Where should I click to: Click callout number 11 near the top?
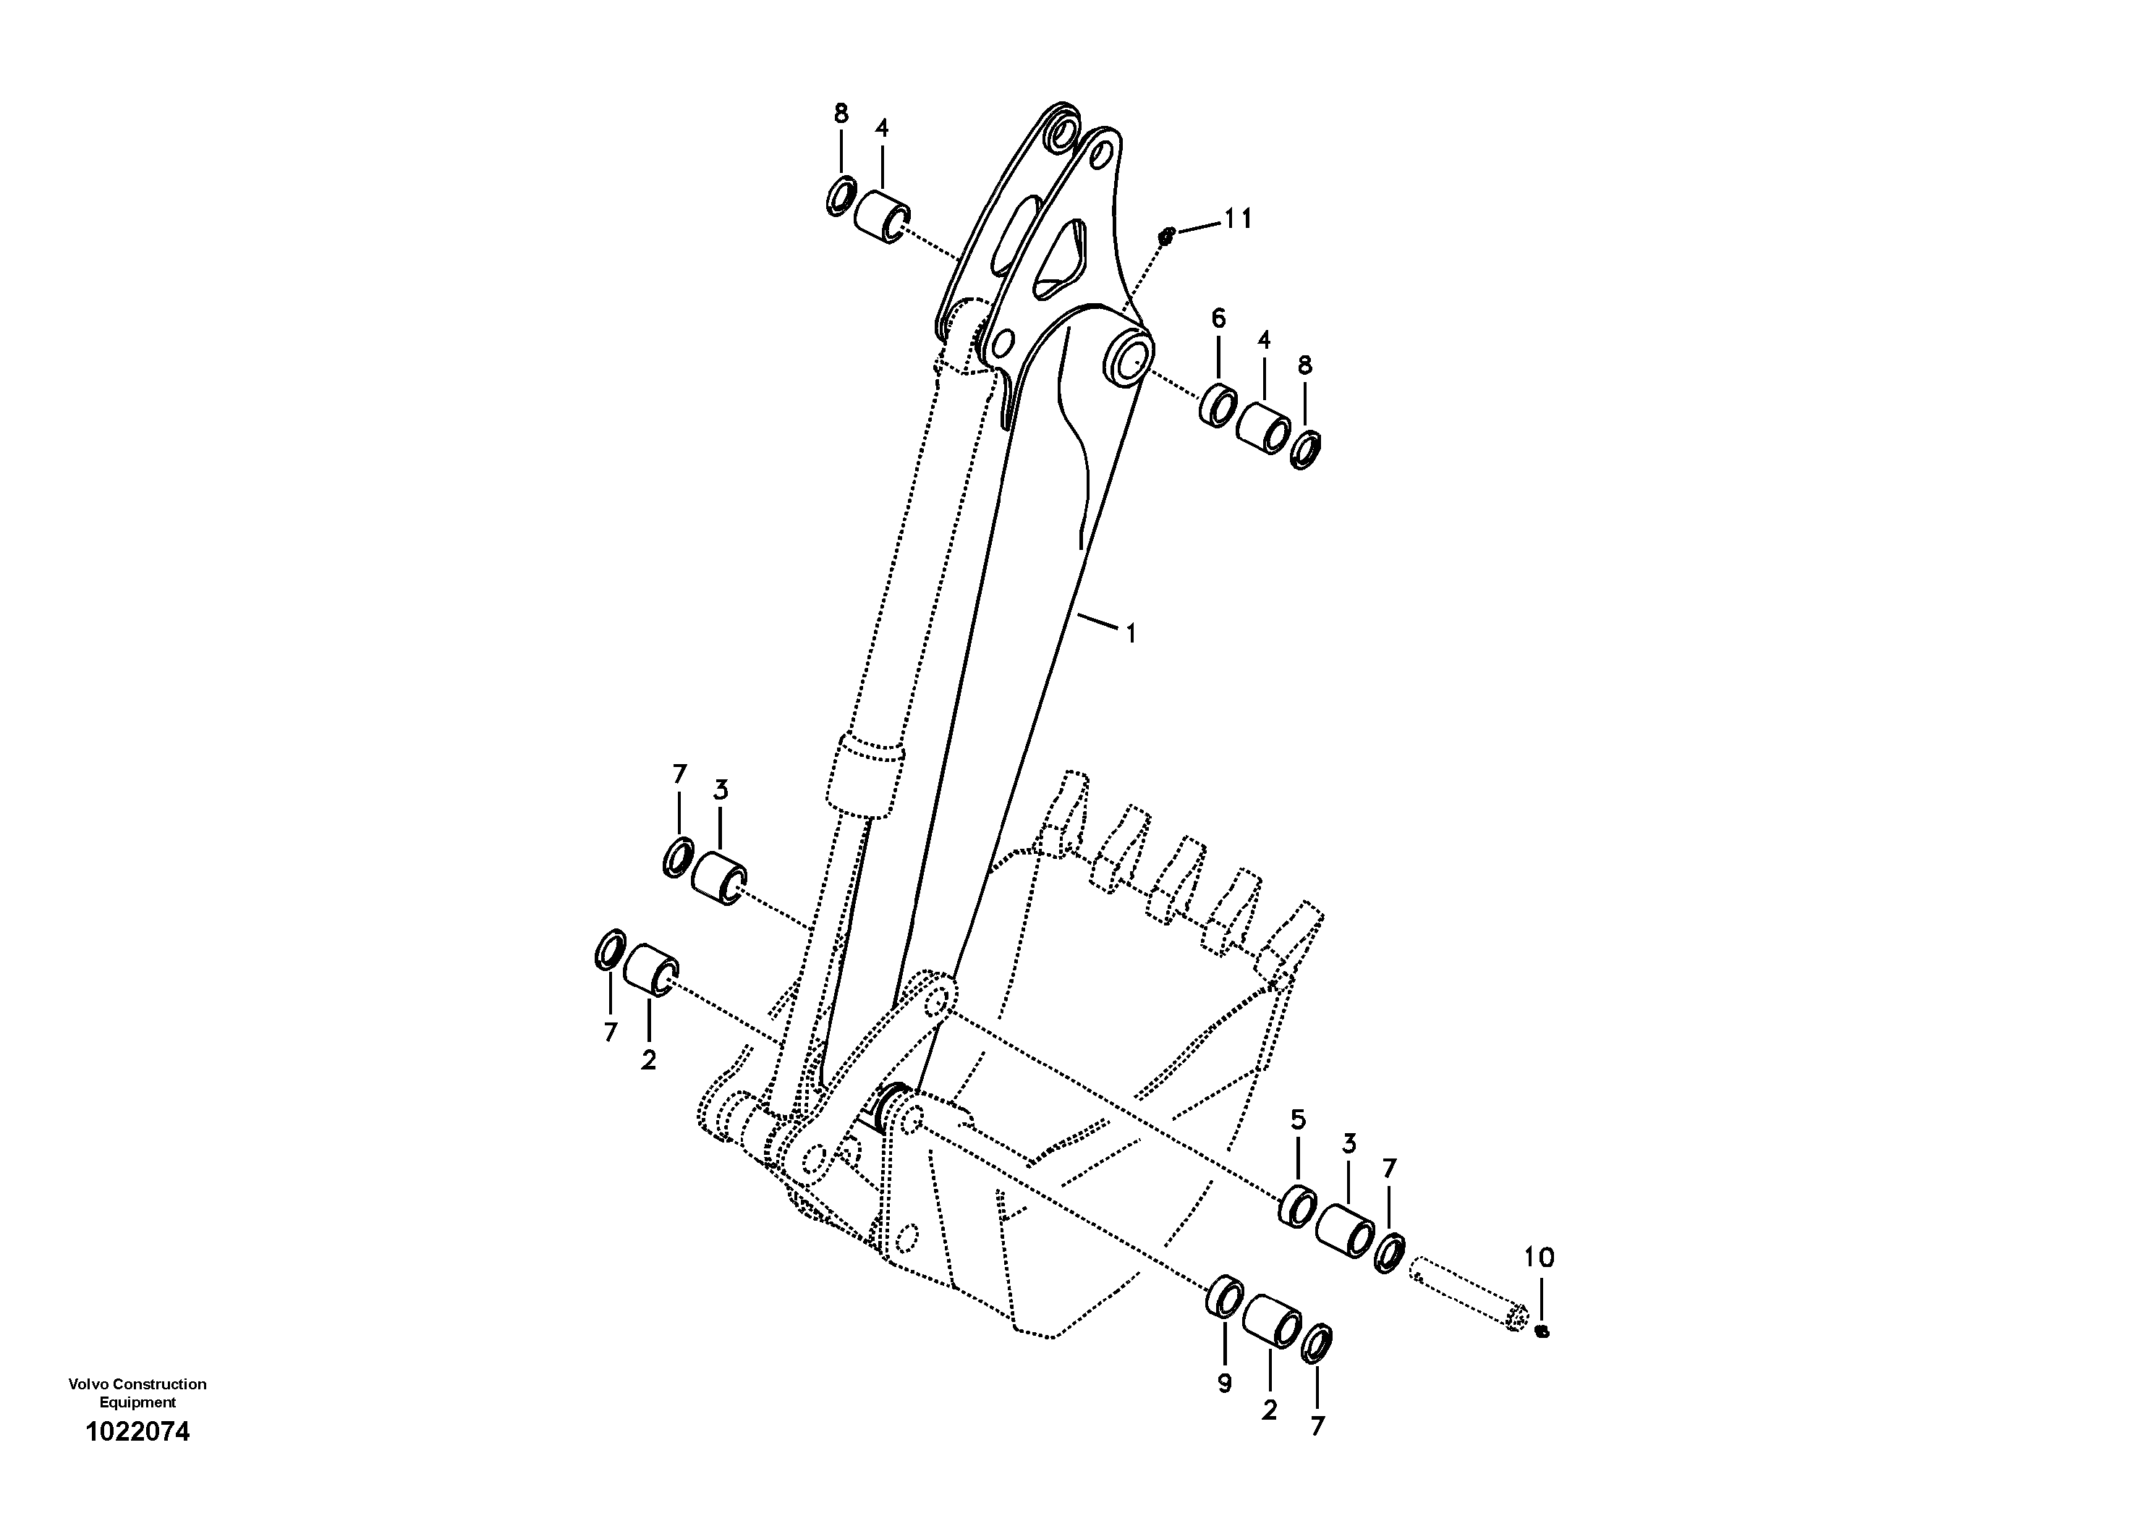pyautogui.click(x=1238, y=219)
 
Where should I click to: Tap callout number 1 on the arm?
pyautogui.click(x=1131, y=634)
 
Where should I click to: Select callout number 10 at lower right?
pyautogui.click(x=1539, y=1258)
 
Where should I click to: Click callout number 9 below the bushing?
pyautogui.click(x=1225, y=1382)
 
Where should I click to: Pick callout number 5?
pyautogui.click(x=1298, y=1119)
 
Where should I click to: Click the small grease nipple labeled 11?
pyautogui.click(x=1166, y=237)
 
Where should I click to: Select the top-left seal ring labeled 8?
pyautogui.click(x=840, y=195)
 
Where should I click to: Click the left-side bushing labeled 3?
pyautogui.click(x=719, y=878)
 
